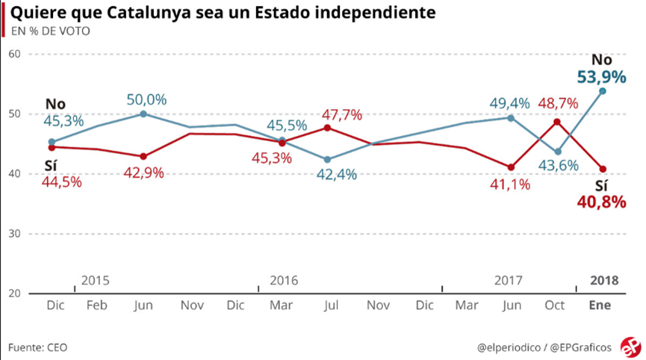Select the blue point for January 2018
[x=603, y=91]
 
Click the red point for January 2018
[x=603, y=169]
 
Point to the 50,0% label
[x=146, y=99]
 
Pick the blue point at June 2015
[x=143, y=114]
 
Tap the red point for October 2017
[x=557, y=122]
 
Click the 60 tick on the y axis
[x=13, y=54]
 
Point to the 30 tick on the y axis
[x=13, y=234]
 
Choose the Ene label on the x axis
[x=600, y=305]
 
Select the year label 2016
[x=284, y=281]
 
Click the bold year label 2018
[x=604, y=281]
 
